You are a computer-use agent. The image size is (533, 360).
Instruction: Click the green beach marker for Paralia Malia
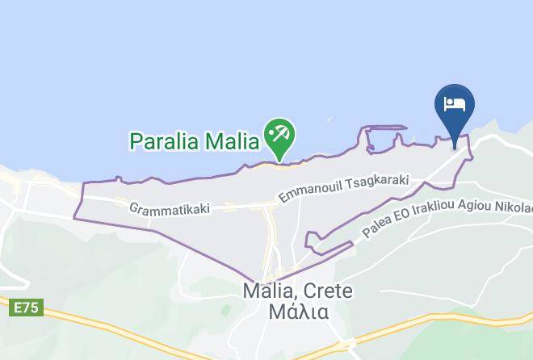280,136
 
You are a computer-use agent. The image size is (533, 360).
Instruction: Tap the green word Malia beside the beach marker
233,141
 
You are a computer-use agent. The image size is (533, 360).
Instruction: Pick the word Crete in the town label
332,291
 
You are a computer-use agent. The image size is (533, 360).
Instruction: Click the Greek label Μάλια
298,312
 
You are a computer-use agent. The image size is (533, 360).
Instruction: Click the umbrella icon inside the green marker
280,132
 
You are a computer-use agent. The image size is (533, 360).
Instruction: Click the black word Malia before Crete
271,291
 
